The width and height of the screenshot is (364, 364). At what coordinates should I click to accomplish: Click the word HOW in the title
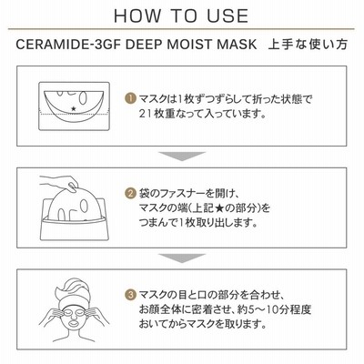pyautogui.click(x=136, y=15)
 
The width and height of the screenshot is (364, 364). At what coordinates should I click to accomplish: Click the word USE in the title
pyautogui.click(x=227, y=15)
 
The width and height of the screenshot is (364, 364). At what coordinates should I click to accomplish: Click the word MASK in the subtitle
pyautogui.click(x=237, y=45)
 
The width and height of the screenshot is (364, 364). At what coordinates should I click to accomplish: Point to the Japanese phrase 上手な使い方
pyautogui.click(x=308, y=45)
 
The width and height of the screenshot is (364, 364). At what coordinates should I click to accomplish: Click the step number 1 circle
pyautogui.click(x=130, y=99)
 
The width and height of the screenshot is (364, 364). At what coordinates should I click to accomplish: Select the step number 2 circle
pyautogui.click(x=130, y=193)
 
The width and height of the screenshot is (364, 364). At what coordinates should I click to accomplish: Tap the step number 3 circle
pyautogui.click(x=130, y=295)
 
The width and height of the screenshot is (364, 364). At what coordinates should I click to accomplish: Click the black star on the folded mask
pyautogui.click(x=73, y=108)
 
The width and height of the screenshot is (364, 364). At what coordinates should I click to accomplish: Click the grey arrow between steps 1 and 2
pyautogui.click(x=182, y=156)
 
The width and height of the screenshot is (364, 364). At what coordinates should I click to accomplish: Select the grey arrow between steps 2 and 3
pyautogui.click(x=182, y=258)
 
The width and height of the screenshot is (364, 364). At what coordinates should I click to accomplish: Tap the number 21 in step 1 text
pyautogui.click(x=146, y=114)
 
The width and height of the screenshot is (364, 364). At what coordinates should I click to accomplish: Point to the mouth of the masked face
pyautogui.click(x=74, y=323)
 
